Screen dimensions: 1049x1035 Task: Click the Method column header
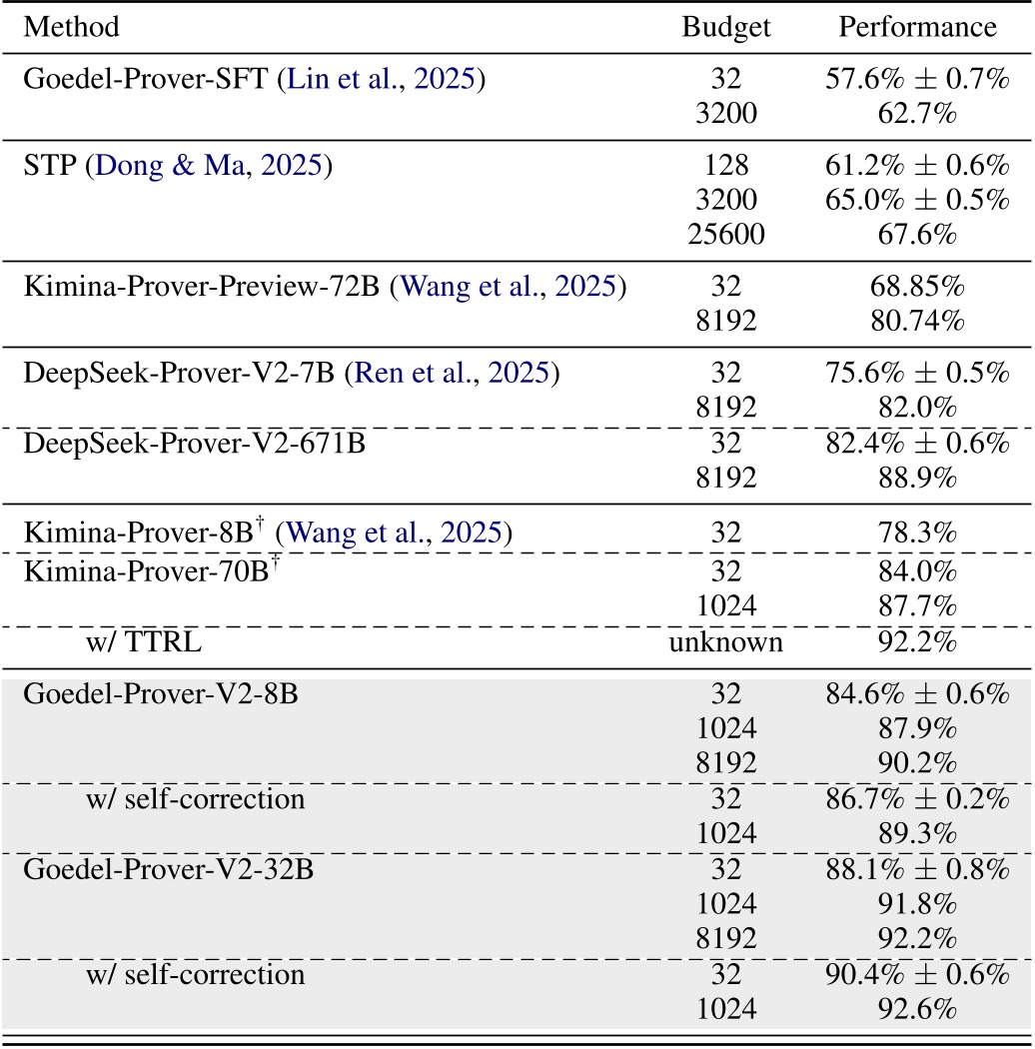tap(71, 27)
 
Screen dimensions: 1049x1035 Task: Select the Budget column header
tap(726, 27)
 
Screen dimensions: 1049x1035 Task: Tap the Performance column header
tap(917, 27)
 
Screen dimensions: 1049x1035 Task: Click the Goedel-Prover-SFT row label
tap(145, 80)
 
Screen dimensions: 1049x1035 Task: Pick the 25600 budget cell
tap(726, 235)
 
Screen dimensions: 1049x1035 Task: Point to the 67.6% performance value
tap(917, 235)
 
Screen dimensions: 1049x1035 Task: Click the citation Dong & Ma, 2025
tap(208, 165)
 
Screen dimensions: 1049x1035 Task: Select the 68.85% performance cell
tap(917, 288)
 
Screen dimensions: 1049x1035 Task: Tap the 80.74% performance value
tap(917, 322)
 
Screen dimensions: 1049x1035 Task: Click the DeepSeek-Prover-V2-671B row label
tap(195, 443)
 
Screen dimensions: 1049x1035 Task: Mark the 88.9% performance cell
tap(917, 477)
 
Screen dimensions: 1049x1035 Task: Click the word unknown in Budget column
tap(726, 642)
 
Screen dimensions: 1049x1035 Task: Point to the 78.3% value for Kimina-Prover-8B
tap(917, 530)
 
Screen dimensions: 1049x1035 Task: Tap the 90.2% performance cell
tap(917, 764)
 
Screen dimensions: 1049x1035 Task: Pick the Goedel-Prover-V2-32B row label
tap(168, 868)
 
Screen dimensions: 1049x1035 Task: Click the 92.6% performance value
tap(917, 1008)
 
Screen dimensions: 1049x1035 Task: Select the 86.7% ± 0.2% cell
tap(917, 799)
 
